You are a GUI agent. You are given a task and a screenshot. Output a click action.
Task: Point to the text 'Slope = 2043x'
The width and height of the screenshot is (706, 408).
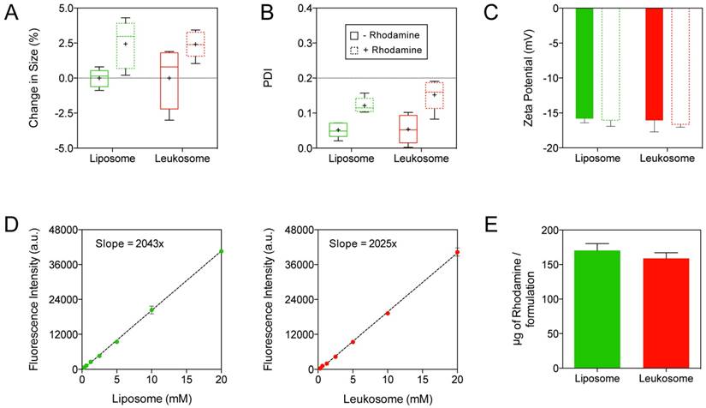point(123,243)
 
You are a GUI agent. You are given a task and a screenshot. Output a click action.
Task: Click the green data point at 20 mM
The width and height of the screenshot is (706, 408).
point(222,251)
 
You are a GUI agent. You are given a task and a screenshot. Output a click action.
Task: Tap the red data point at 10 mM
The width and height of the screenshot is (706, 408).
point(388,313)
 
